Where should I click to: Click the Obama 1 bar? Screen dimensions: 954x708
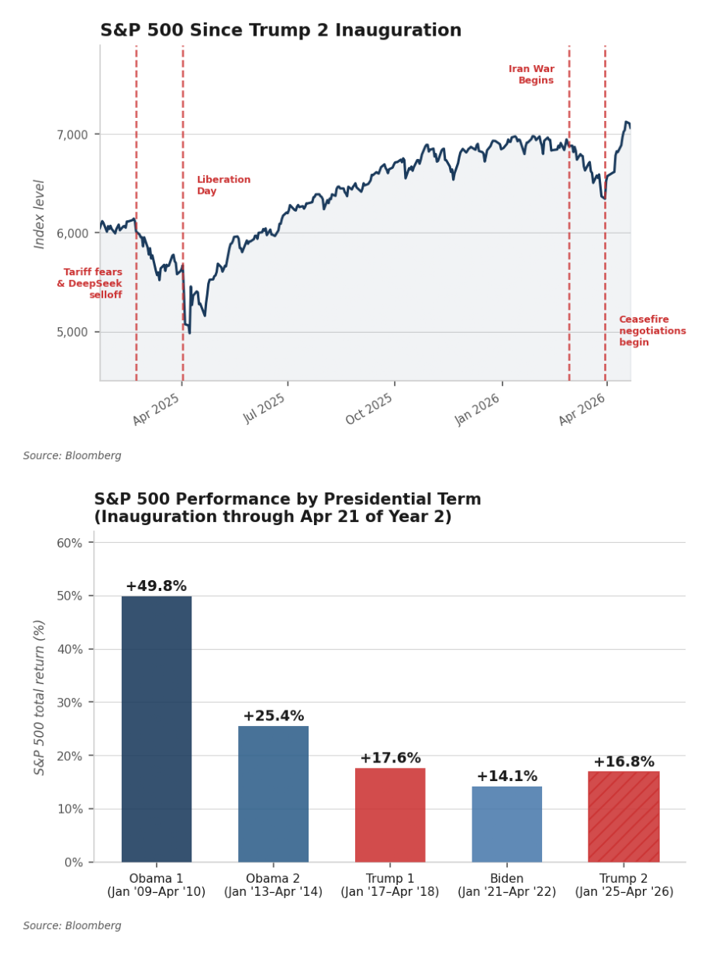point(157,729)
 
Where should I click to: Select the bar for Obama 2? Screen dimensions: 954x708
point(273,793)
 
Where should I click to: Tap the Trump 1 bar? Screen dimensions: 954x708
point(390,814)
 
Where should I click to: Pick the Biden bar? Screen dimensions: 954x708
point(507,824)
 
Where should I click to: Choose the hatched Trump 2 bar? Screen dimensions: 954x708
point(623,817)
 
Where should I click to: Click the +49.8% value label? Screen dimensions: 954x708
point(156,586)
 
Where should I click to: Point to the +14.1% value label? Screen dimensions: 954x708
point(506,776)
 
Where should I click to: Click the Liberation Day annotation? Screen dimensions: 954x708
point(223,185)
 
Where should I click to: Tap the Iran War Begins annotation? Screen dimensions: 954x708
point(531,74)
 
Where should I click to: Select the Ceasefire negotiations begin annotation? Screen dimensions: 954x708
point(652,331)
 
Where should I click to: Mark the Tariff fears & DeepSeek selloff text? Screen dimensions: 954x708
point(90,283)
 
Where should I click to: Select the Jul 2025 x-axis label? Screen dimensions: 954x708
point(264,408)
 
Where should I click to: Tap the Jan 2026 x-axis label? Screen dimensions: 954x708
point(477,408)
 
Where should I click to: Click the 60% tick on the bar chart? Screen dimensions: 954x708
point(70,543)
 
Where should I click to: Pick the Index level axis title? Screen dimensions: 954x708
point(40,214)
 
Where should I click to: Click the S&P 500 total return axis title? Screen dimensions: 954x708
point(40,696)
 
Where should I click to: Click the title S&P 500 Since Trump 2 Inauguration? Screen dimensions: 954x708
point(281,31)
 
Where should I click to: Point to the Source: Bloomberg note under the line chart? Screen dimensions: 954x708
point(72,456)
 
